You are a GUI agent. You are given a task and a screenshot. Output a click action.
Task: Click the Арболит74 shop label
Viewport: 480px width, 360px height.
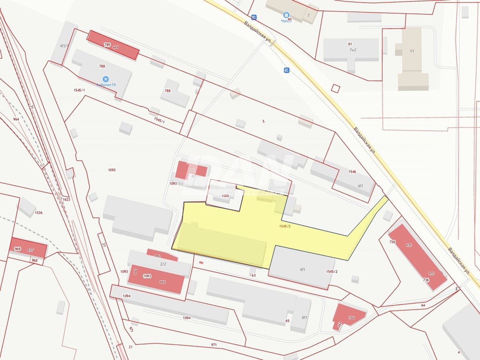pos(106,85)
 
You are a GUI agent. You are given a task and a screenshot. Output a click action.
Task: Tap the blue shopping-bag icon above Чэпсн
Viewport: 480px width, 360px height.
pos(286,15)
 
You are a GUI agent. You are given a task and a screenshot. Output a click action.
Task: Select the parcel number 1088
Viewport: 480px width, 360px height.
pos(225,196)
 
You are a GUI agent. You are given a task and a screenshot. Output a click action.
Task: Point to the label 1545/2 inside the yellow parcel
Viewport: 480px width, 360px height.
pos(285,226)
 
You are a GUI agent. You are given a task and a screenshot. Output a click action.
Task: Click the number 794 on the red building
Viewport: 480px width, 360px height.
pos(352,318)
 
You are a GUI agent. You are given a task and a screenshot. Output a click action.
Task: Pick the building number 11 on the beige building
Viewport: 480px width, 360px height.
pos(412,51)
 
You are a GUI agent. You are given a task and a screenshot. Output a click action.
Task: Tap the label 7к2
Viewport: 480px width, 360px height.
pos(353,50)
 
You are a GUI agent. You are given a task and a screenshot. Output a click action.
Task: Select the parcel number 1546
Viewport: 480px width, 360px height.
pos(352,172)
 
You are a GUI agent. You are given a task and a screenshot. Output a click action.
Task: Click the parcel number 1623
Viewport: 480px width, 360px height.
pos(66,199)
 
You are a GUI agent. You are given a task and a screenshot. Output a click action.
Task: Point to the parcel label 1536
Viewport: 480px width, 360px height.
pos(38,212)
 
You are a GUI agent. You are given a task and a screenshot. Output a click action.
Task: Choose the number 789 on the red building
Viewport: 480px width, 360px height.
pos(107,44)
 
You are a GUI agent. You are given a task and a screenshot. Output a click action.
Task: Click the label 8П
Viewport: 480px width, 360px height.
pos(304,317)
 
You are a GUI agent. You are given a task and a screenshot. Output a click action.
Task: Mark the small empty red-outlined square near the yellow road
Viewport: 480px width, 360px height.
pos(335,88)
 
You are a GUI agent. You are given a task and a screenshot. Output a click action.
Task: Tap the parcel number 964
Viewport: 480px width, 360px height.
pos(16,119)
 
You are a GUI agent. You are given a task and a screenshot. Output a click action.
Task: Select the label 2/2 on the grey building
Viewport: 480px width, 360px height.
pos(163,264)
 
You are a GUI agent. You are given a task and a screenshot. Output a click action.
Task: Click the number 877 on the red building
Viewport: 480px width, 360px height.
pos(30,250)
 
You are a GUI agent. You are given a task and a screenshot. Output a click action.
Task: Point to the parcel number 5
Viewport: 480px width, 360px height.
pos(263,121)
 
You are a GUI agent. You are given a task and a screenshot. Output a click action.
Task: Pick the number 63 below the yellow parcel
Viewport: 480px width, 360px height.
pos(254,275)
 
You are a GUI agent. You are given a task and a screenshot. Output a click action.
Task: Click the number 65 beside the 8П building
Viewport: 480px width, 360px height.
pos(287,321)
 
